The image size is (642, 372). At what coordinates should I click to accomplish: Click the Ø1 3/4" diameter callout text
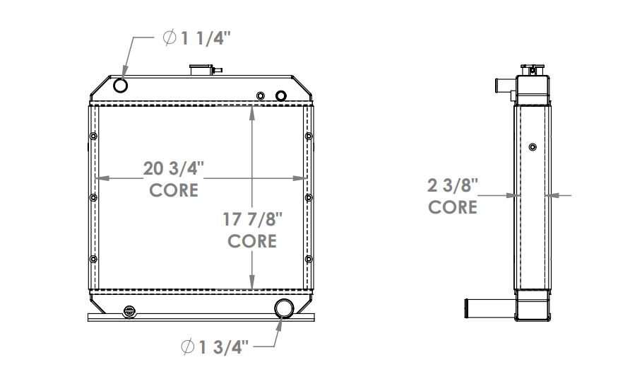pyautogui.click(x=215, y=347)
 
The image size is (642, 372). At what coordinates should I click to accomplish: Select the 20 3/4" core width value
pyautogui.click(x=174, y=169)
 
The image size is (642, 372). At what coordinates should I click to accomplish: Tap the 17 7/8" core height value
pyautogui.click(x=252, y=219)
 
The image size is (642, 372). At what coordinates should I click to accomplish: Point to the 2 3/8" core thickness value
pyautogui.click(x=453, y=186)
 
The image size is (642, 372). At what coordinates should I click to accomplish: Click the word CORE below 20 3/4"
pyautogui.click(x=174, y=190)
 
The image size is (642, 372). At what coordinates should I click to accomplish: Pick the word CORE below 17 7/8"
pyautogui.click(x=252, y=240)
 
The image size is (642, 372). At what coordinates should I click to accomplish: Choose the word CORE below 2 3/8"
pyautogui.click(x=453, y=207)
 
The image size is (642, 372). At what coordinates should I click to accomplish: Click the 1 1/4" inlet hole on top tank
pyautogui.click(x=121, y=86)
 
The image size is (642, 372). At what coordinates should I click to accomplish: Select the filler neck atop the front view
pyautogui.click(x=202, y=69)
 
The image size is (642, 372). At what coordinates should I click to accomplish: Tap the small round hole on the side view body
pyautogui.click(x=532, y=147)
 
